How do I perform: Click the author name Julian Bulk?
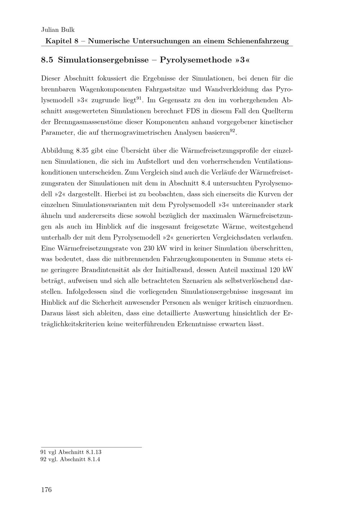point(58,30)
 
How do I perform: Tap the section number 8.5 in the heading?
point(47,60)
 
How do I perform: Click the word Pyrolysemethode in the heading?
point(195,60)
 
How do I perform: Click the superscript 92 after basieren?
point(233,130)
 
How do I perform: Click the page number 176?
point(46,490)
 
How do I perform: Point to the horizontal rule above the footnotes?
point(91,447)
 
